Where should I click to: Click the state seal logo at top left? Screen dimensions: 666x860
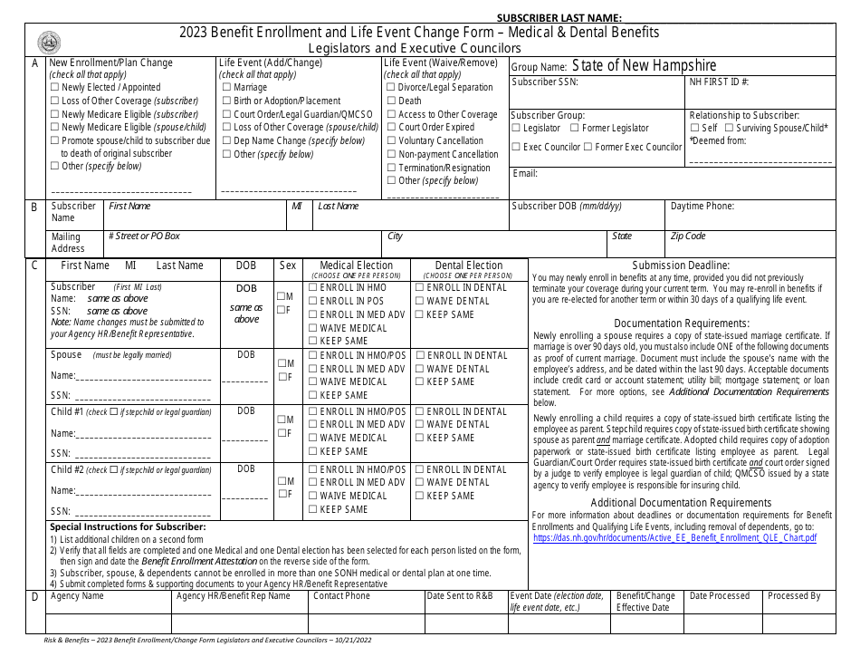pos(49,42)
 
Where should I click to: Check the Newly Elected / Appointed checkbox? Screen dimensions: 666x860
pos(54,88)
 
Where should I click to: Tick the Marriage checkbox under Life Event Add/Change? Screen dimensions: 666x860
pos(226,88)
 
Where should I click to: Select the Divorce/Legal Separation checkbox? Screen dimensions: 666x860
pos(391,88)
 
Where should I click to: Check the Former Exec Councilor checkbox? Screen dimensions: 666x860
pos(588,147)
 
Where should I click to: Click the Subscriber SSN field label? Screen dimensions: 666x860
pos(545,82)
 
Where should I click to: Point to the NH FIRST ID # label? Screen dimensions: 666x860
pos(719,82)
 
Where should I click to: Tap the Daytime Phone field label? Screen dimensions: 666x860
pos(702,206)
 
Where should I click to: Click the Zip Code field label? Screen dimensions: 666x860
pos(687,236)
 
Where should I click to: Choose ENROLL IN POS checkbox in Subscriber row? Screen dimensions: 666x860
pos(313,301)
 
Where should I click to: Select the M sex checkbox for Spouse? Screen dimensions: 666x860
pos(282,363)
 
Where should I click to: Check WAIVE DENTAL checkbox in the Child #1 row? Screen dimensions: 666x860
pos(420,424)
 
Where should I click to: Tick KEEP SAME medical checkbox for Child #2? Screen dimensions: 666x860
pos(313,509)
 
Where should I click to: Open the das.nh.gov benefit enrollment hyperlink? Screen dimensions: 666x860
pos(674,537)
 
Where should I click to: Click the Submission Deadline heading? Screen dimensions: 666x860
pos(681,265)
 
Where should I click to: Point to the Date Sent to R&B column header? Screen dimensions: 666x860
pos(460,596)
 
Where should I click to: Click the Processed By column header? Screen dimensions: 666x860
pos(794,596)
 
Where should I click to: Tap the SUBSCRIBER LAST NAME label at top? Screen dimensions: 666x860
pos(559,17)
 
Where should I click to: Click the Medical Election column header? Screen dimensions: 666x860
pos(357,265)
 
